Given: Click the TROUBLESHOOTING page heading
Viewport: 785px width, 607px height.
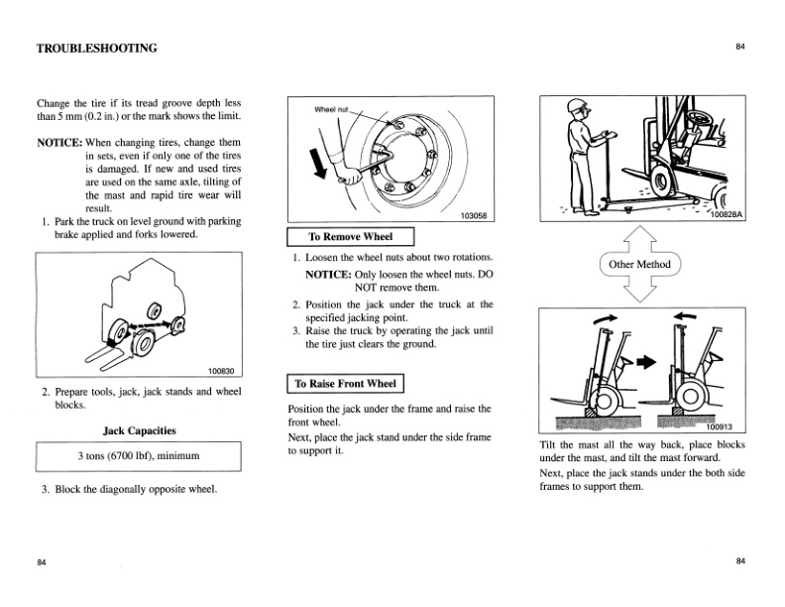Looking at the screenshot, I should coord(96,48).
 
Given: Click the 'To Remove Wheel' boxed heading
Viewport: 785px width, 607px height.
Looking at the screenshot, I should coord(350,237).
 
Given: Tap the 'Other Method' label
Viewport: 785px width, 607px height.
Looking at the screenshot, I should coord(639,264).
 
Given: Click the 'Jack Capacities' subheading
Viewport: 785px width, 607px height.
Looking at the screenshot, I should coord(139,430).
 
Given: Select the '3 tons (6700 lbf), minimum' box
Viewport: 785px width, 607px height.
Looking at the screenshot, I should coord(139,456).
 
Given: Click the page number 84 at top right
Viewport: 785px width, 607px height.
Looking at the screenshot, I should coord(740,46).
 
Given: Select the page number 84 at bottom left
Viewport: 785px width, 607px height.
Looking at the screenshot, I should coord(42,562).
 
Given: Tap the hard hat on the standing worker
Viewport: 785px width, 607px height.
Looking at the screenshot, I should coord(577,108).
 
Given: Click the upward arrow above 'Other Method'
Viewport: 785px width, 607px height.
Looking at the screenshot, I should coord(638,239).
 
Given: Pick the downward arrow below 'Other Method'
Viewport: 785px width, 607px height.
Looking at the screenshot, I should coord(638,289).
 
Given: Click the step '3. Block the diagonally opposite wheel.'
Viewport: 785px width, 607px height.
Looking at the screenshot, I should coord(129,489).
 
